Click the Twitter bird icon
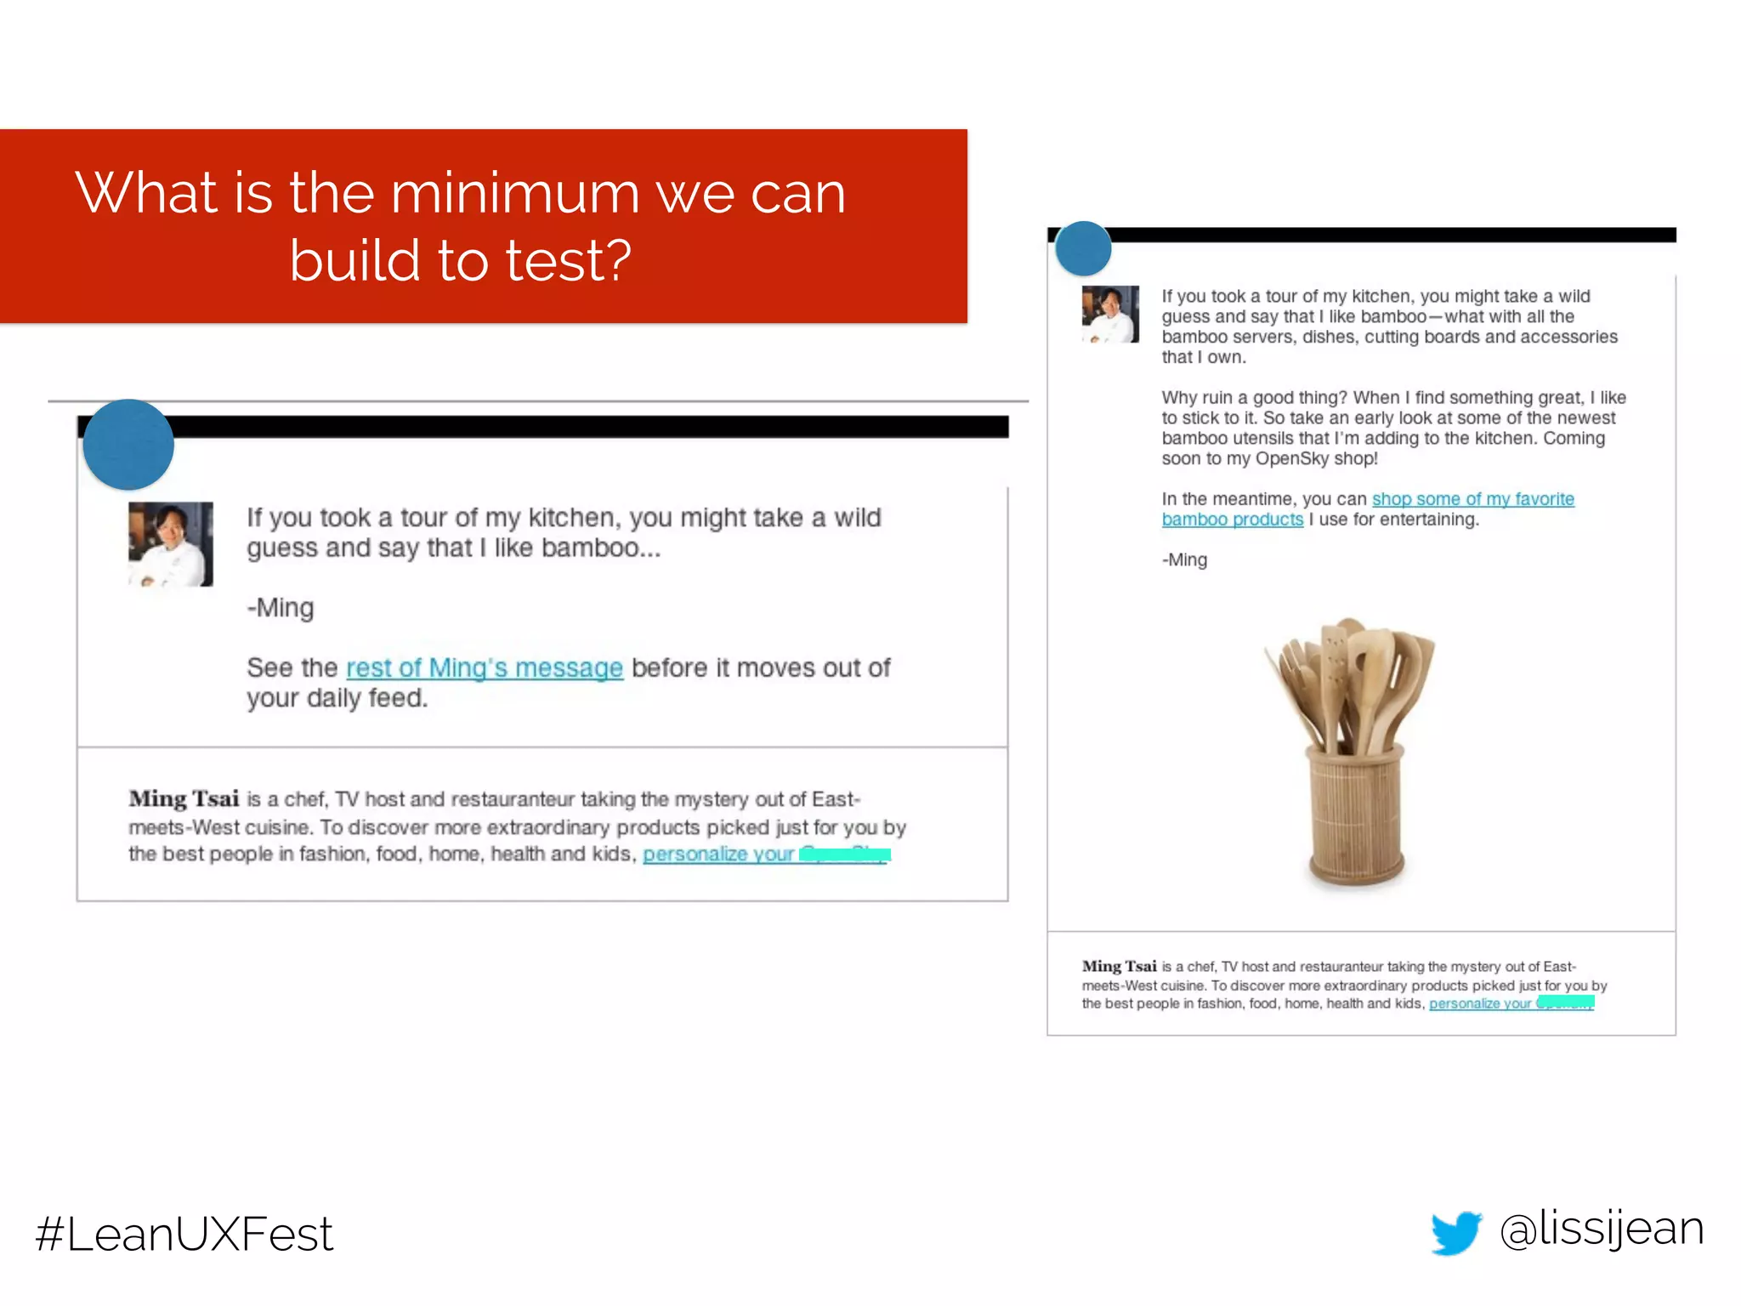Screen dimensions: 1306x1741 pos(1456,1232)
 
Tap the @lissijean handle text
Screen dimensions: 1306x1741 pos(1602,1229)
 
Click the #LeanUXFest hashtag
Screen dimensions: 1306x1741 pos(184,1234)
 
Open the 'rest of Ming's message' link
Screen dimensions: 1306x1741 pos(485,668)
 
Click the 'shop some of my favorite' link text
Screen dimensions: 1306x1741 pos(1472,499)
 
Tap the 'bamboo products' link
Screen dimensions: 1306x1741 pos(1232,520)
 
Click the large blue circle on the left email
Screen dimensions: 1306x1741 pos(128,445)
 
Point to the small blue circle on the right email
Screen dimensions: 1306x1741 pos(1083,248)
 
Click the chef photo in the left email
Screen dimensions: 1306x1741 pos(171,544)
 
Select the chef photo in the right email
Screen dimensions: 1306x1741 pos(1110,315)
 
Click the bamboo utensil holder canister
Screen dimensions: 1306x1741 pos(1357,816)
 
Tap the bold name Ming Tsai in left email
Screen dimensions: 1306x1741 pos(184,799)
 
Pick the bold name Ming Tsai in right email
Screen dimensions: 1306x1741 pos(1119,967)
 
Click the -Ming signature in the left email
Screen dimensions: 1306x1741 pos(281,608)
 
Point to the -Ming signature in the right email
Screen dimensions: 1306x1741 pos(1184,560)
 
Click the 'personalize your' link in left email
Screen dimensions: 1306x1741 pos(718,855)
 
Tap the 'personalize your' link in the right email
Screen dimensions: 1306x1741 pos(1480,1004)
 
